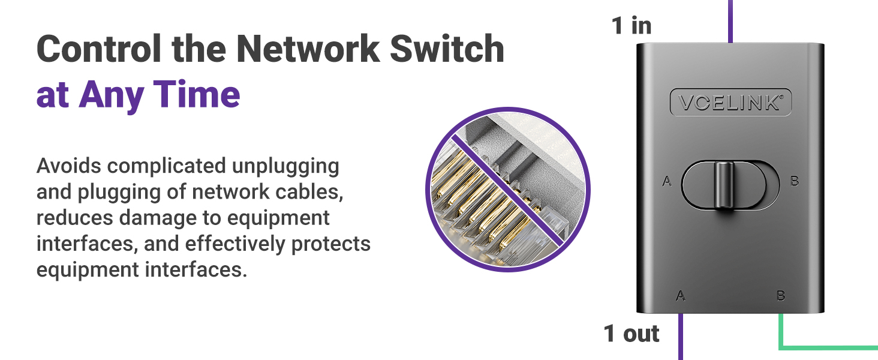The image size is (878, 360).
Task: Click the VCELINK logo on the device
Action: pyautogui.click(x=730, y=103)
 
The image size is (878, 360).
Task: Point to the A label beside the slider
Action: pyautogui.click(x=666, y=181)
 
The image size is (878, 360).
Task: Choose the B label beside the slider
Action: pyautogui.click(x=795, y=181)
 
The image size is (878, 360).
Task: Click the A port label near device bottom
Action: pyautogui.click(x=681, y=295)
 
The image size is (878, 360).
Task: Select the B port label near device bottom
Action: pyautogui.click(x=781, y=295)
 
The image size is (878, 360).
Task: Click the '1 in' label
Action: pyautogui.click(x=632, y=26)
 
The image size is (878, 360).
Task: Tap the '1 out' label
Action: pyautogui.click(x=632, y=334)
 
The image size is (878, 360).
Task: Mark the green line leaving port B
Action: pyautogui.click(x=828, y=347)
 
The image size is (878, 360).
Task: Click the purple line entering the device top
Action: pyautogui.click(x=730, y=21)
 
